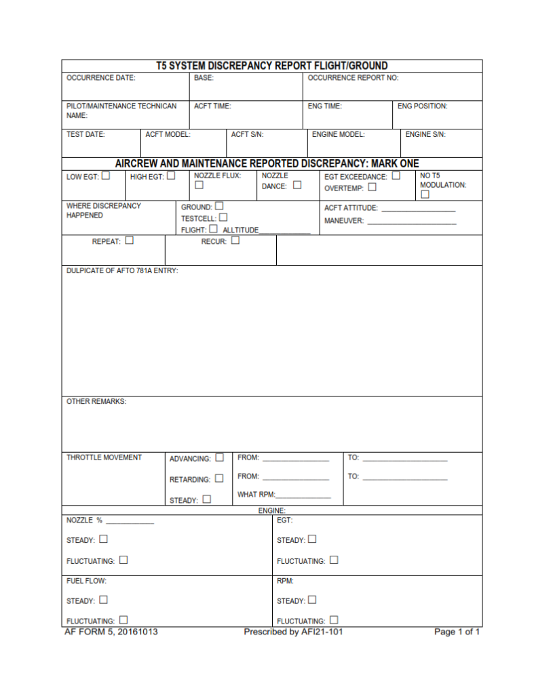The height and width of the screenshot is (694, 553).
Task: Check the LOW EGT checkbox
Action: [106, 176]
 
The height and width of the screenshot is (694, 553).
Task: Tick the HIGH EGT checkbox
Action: [171, 176]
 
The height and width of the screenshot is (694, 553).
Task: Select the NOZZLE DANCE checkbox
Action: [297, 185]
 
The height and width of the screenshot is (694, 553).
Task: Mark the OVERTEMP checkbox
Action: [373, 188]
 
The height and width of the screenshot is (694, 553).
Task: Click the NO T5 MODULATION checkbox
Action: [425, 195]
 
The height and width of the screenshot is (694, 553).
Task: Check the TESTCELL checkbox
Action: [223, 218]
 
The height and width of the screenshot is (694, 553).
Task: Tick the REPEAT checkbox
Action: [129, 240]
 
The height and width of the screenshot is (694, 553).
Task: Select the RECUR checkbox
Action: [235, 240]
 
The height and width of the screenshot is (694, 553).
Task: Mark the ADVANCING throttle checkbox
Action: [219, 457]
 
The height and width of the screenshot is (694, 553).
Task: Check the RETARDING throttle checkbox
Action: [218, 478]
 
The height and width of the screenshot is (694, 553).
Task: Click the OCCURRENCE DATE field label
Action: [100, 78]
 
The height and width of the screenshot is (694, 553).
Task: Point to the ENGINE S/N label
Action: [425, 135]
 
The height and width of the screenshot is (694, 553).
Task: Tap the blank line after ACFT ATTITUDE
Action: [418, 210]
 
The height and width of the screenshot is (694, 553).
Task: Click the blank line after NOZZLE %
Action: [130, 523]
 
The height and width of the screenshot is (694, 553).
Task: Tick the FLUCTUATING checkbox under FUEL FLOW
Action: [123, 619]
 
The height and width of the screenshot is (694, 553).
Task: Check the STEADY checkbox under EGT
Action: [312, 539]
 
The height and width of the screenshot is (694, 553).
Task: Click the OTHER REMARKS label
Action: [96, 401]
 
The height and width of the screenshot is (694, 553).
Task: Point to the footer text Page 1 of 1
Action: [457, 632]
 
